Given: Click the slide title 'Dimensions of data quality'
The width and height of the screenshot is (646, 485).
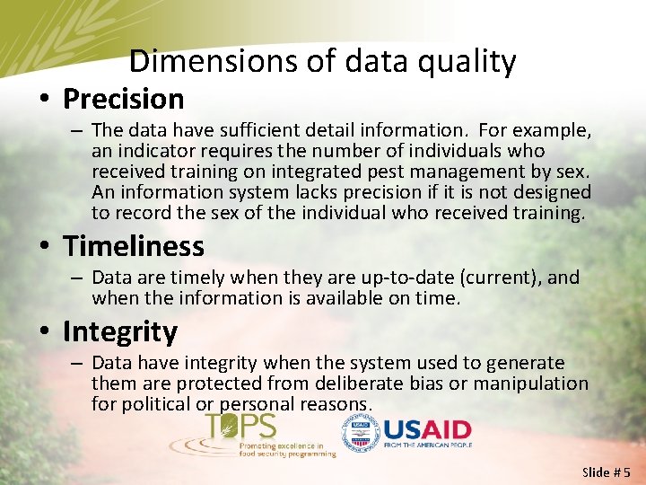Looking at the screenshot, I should (322, 61).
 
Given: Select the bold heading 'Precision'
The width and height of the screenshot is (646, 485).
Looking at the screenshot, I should (123, 99).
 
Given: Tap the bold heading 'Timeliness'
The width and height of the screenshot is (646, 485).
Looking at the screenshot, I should (133, 246).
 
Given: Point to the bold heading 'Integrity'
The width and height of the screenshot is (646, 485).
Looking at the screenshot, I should (119, 331).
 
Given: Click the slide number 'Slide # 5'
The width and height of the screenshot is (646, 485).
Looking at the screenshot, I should (607, 472).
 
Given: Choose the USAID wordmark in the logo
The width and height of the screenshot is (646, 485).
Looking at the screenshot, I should (426, 429).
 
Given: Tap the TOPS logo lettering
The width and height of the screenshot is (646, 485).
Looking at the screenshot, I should (240, 427).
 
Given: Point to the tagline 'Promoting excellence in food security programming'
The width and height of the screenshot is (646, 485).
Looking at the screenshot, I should (286, 450).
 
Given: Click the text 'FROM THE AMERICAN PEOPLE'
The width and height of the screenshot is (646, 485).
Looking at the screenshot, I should (427, 445).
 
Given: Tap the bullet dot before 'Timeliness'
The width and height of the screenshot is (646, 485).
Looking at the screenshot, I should (47, 247).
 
